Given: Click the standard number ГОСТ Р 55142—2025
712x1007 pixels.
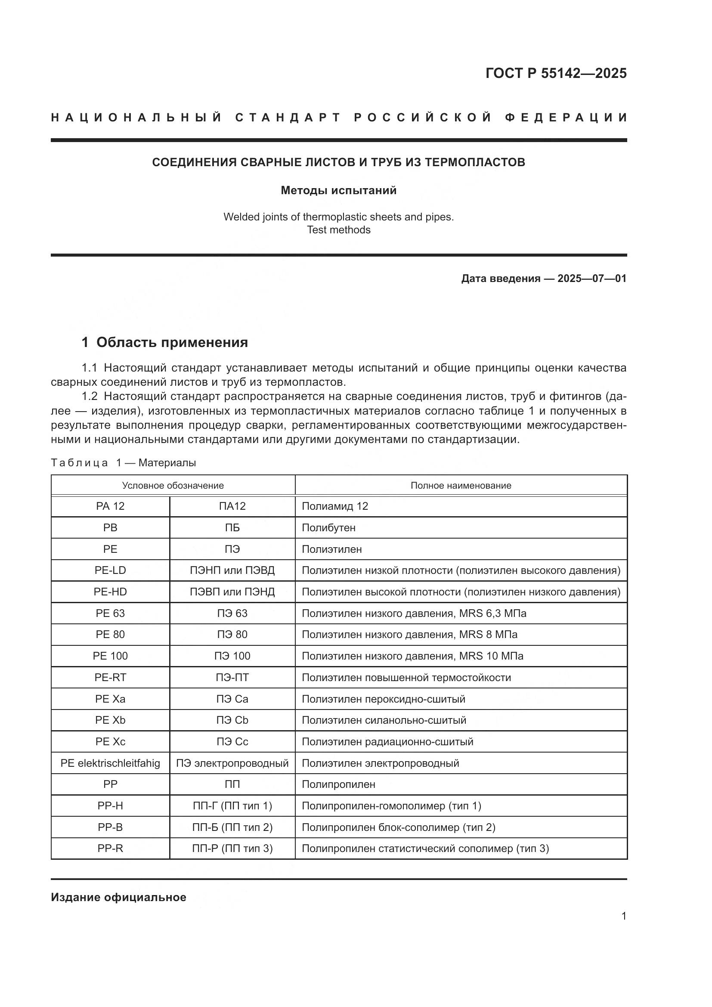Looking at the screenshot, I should [556, 73].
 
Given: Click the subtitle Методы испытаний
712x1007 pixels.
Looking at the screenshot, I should [338, 190].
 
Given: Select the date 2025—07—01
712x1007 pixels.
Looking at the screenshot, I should [591, 279].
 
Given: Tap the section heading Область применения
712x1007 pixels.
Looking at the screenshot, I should [172, 343].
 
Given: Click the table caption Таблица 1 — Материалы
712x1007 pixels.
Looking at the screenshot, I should [123, 463].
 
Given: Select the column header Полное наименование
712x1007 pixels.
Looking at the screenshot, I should [461, 486].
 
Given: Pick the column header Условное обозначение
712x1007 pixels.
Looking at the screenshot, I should [173, 486].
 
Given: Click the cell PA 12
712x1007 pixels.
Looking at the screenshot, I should [110, 506].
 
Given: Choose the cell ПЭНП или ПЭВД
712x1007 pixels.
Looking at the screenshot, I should [232, 570].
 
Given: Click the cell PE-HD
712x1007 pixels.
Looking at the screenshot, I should [110, 592].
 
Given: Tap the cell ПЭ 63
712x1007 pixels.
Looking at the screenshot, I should [232, 613].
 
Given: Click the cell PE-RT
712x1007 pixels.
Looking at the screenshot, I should [110, 678].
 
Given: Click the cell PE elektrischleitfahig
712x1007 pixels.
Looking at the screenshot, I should [110, 763].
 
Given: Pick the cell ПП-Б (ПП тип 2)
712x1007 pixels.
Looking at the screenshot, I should [232, 827].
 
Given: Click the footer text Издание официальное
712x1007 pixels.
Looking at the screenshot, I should [118, 897].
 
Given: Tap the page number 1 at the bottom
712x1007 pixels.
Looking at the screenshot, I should [623, 916].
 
